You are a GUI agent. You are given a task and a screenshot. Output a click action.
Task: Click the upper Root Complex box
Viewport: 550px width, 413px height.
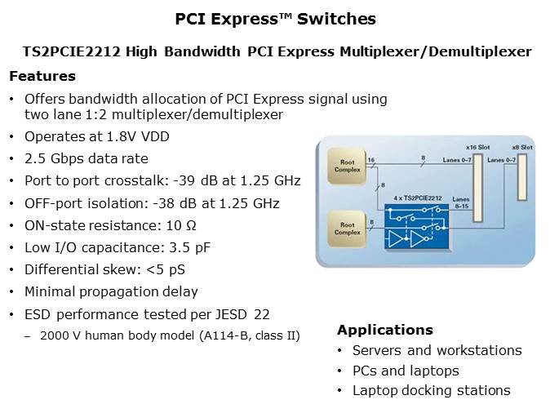347,166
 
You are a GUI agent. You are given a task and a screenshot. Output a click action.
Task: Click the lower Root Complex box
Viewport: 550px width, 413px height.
347,229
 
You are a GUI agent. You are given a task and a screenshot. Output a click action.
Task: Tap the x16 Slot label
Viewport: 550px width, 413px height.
477,148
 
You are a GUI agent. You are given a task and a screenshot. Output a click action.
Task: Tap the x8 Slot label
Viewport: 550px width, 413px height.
522,148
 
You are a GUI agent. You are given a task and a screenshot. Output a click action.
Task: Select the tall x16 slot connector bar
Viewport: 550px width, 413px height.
477,188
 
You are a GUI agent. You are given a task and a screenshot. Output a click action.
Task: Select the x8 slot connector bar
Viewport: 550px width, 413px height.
522,177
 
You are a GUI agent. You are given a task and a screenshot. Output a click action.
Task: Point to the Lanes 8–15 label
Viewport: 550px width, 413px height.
461,202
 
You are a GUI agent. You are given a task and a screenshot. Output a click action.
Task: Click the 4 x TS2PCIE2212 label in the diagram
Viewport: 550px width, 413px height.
418,198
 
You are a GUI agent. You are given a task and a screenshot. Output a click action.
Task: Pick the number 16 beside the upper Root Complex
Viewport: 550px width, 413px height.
371,160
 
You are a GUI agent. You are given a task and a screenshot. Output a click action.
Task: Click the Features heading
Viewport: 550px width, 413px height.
42,76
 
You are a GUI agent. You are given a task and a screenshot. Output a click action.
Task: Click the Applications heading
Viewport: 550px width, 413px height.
385,330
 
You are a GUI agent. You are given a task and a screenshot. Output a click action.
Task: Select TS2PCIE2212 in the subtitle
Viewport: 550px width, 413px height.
72,51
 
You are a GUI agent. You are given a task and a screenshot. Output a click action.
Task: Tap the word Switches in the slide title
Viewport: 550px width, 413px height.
336,19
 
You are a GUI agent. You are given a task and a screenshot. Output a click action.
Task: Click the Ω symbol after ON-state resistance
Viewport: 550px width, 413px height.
191,225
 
